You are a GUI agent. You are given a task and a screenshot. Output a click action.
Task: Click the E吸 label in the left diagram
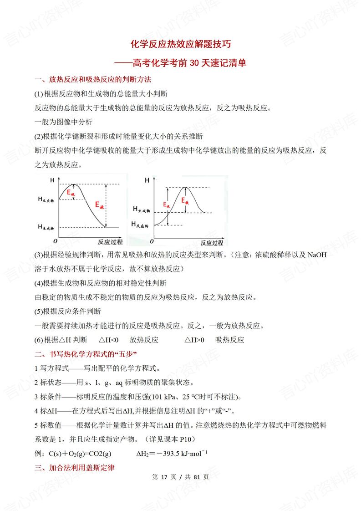pos(71,193)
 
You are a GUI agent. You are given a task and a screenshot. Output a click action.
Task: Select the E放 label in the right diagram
pos(186,201)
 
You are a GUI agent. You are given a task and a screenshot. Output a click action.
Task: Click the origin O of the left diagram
pos(56,240)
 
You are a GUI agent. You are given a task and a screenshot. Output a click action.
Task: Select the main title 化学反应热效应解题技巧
pos(181,44)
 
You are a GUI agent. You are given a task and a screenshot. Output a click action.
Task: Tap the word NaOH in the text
pos(317,255)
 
